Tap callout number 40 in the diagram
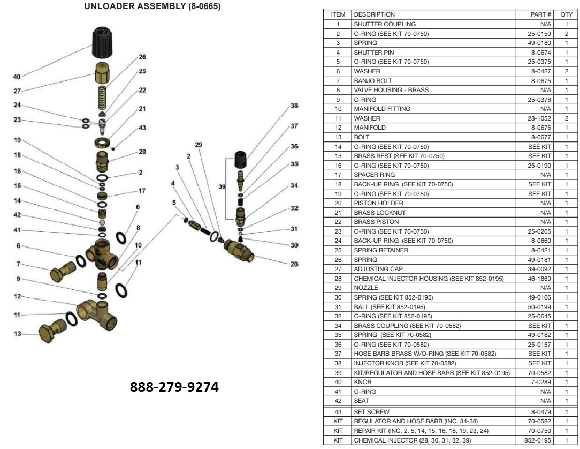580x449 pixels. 17,77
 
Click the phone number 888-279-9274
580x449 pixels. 174,387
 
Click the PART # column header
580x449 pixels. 541,14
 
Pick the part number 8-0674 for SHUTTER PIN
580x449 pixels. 540,53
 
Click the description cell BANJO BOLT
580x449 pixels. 372,81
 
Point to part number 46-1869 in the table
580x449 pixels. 540,279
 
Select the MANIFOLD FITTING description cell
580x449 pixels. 382,109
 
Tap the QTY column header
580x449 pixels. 566,14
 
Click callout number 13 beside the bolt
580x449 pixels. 18,334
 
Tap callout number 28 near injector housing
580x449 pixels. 294,264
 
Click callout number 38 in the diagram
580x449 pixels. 294,106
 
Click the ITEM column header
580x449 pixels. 338,14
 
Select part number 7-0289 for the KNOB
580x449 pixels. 541,382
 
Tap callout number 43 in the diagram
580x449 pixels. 142,128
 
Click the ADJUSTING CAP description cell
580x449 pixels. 378,269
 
